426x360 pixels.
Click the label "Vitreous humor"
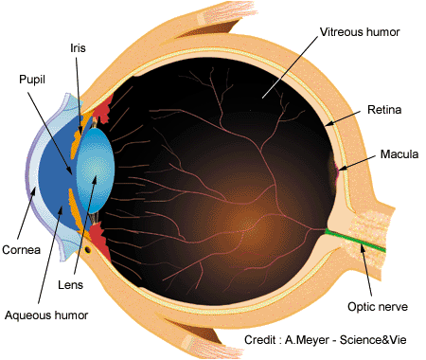(x=360, y=32)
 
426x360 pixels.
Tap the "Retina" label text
(x=384, y=110)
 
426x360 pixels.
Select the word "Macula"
(x=399, y=154)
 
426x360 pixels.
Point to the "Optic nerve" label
(x=378, y=307)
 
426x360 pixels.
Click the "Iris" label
(x=78, y=48)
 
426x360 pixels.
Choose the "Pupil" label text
(x=32, y=80)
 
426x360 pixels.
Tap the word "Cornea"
(x=21, y=250)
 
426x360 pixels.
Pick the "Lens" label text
(x=70, y=285)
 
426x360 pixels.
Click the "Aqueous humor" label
(x=46, y=315)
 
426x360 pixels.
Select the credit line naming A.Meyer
(x=325, y=340)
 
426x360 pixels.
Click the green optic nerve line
(x=355, y=241)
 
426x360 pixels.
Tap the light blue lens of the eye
(x=96, y=171)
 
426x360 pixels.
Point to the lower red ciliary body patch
(x=99, y=240)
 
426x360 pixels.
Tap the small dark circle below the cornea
(x=88, y=250)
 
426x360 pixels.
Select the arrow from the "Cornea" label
(x=27, y=212)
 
